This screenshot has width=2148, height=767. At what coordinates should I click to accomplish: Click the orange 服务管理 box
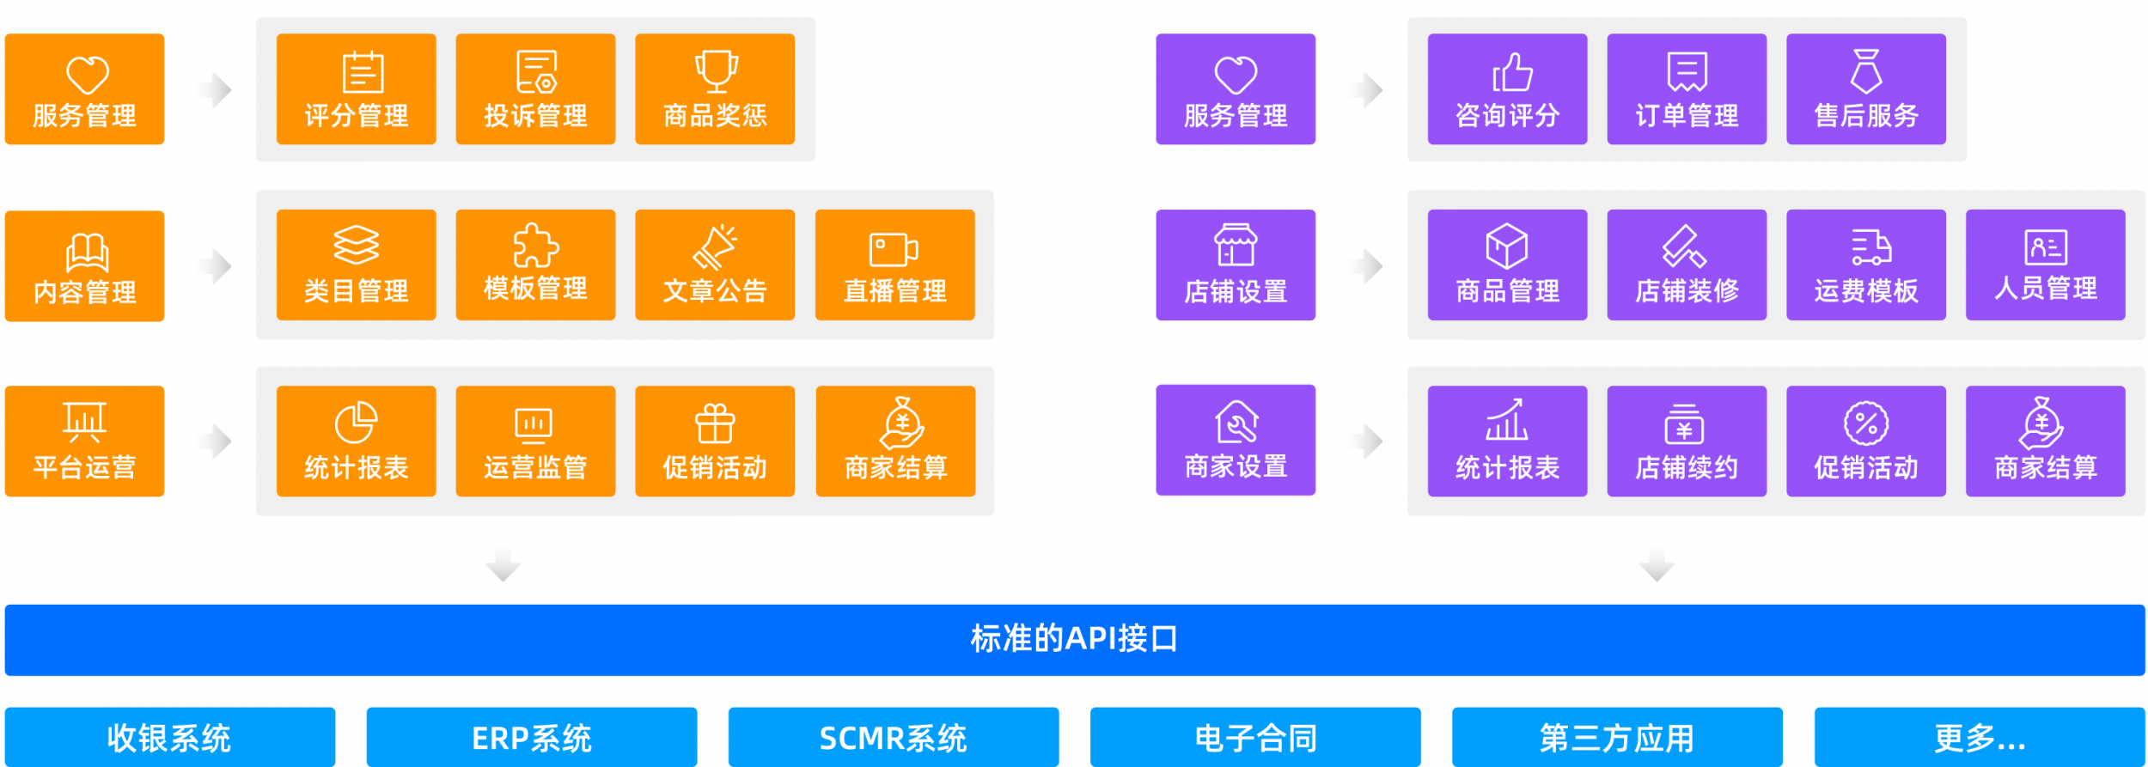click(x=84, y=89)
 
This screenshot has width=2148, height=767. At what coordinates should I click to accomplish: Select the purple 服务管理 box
click(x=1235, y=89)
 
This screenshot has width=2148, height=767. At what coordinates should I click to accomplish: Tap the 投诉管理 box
click(x=535, y=89)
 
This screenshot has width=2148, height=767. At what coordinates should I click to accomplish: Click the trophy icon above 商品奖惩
click(x=715, y=70)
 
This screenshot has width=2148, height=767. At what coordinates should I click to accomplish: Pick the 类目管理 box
click(x=356, y=265)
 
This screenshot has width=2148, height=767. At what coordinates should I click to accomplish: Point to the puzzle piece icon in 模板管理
click(x=535, y=246)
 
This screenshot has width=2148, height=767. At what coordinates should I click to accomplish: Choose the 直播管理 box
click(x=894, y=265)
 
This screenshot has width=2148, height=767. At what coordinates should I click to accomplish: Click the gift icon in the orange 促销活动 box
click(x=715, y=423)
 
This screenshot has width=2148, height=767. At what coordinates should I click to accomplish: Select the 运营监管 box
click(x=535, y=441)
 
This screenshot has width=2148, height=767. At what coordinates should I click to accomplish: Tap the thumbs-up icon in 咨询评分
click(x=1512, y=72)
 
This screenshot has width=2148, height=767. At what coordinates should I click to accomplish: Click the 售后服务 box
click(x=1865, y=89)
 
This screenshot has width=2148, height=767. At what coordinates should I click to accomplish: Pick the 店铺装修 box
click(x=1686, y=265)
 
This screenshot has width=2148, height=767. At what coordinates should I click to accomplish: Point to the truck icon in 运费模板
click(x=1870, y=247)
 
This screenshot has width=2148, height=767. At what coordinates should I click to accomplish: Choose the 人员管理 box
click(x=2045, y=265)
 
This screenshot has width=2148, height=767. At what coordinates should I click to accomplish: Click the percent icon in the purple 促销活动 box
click(x=1865, y=423)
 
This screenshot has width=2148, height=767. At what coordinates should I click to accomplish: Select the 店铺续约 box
click(x=1686, y=441)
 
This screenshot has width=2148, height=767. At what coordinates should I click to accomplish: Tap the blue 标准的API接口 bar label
click(x=1074, y=639)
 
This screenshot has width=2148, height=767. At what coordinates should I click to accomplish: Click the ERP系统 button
click(x=532, y=737)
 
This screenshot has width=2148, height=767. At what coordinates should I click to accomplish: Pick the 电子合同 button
click(x=1255, y=737)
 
